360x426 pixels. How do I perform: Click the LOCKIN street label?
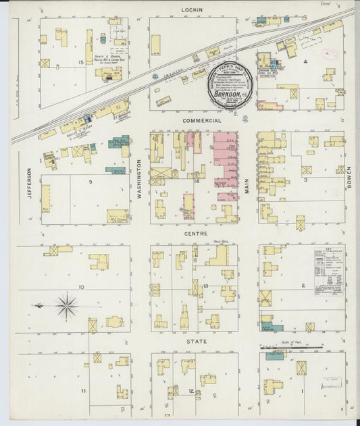click(x=188, y=9)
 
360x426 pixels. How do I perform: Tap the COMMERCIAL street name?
click(x=202, y=121)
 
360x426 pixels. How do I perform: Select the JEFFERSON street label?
click(x=29, y=183)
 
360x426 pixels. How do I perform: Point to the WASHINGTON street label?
click(x=140, y=177)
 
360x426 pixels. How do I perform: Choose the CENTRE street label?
click(x=195, y=234)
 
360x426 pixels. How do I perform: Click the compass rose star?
click(x=66, y=307)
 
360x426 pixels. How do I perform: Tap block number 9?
click(x=90, y=182)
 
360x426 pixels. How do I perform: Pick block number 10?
click(x=81, y=287)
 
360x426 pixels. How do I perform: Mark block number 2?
click(x=303, y=286)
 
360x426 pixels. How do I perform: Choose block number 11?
click(x=83, y=391)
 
